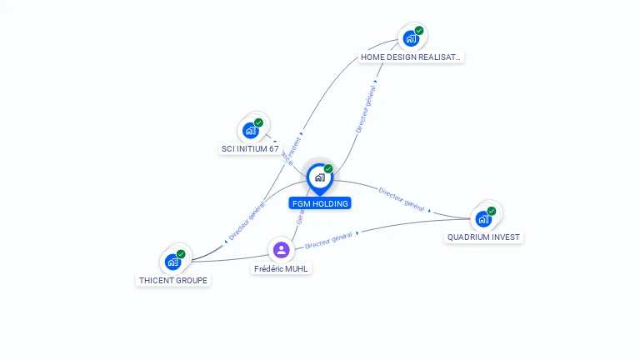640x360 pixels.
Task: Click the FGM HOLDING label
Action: click(x=320, y=203)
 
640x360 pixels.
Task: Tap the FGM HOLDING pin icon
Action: click(x=319, y=177)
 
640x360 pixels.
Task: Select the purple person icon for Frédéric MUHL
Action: click(x=282, y=249)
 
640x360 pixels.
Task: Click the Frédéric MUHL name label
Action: click(x=282, y=268)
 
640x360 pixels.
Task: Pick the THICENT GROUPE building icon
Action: click(x=172, y=262)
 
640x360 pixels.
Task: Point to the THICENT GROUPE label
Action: click(x=173, y=280)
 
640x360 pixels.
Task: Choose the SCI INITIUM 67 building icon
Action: click(x=251, y=130)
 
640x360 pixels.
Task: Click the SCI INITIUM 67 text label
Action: click(x=250, y=149)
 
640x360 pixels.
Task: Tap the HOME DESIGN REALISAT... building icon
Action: click(x=411, y=38)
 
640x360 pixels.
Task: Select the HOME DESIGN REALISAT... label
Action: click(x=411, y=57)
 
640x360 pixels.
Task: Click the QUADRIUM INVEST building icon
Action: click(x=483, y=219)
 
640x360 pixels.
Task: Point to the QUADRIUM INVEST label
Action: click(x=483, y=237)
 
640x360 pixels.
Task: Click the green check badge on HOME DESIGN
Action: click(x=419, y=31)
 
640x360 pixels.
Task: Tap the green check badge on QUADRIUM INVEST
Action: click(x=492, y=211)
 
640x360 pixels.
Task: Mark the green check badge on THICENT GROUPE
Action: click(x=181, y=254)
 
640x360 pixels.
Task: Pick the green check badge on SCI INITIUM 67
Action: click(x=259, y=122)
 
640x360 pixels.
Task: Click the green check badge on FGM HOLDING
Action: click(x=328, y=169)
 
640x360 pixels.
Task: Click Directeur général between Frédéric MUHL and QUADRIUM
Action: click(x=328, y=241)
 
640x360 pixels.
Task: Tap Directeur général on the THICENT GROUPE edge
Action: click(x=247, y=222)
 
